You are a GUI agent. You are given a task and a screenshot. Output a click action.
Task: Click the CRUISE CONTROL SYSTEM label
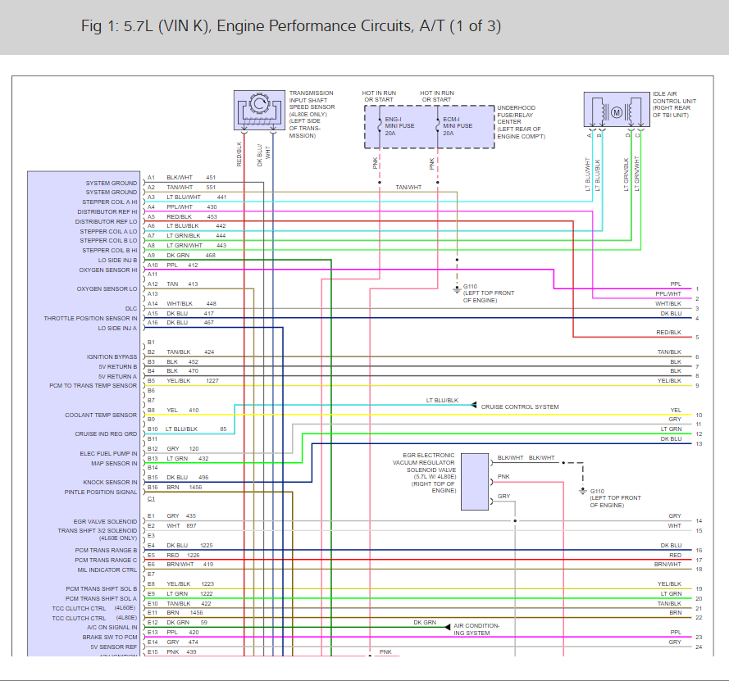click(520, 406)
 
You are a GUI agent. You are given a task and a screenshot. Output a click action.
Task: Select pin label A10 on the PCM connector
click(152, 265)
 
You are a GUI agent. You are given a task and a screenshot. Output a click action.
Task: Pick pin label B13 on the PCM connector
click(152, 458)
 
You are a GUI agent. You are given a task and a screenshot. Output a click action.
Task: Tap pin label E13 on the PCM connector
click(152, 632)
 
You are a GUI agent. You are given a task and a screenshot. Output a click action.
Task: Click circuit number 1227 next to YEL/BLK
click(212, 380)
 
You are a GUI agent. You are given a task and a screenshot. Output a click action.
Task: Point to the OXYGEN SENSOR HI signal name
click(108, 270)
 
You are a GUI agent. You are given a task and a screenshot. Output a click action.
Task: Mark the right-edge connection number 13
click(699, 444)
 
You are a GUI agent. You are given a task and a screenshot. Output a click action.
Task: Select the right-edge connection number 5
click(697, 338)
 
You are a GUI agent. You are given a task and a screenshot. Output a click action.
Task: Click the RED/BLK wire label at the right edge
click(668, 332)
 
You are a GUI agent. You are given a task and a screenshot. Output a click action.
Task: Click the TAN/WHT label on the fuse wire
click(408, 187)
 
